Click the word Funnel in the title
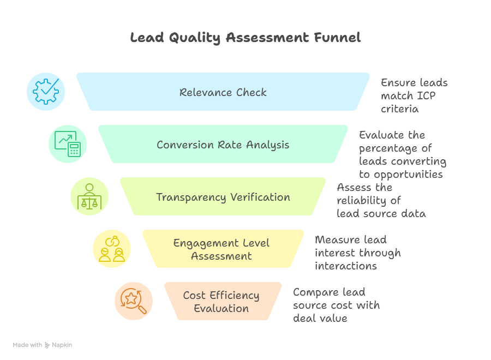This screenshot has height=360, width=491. pyautogui.click(x=337, y=38)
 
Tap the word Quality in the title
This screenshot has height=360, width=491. pyautogui.click(x=194, y=38)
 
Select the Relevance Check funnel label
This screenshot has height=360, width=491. pyautogui.click(x=223, y=92)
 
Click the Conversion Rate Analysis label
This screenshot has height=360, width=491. pyautogui.click(x=223, y=145)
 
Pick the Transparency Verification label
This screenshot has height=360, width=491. pyautogui.click(x=223, y=197)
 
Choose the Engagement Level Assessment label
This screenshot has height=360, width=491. pyautogui.click(x=221, y=249)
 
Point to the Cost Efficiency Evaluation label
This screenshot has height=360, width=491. pyautogui.click(x=221, y=302)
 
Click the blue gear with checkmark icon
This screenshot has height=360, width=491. pyautogui.click(x=46, y=92)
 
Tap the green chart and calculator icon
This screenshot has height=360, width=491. pyautogui.click(x=68, y=144)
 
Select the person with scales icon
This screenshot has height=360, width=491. pyautogui.click(x=89, y=196)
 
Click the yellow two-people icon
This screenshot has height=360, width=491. pyautogui.click(x=112, y=249)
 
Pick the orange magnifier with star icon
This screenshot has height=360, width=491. pyautogui.click(x=134, y=301)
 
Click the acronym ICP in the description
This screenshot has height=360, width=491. pyautogui.click(x=426, y=96)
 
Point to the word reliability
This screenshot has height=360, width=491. pyautogui.click(x=361, y=201)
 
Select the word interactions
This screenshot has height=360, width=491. pyautogui.click(x=346, y=266)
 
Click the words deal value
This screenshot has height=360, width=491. pyautogui.click(x=320, y=319)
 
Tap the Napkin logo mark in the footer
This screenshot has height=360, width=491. pyautogui.click(x=47, y=345)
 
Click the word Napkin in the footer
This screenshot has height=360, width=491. pyautogui.click(x=62, y=345)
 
